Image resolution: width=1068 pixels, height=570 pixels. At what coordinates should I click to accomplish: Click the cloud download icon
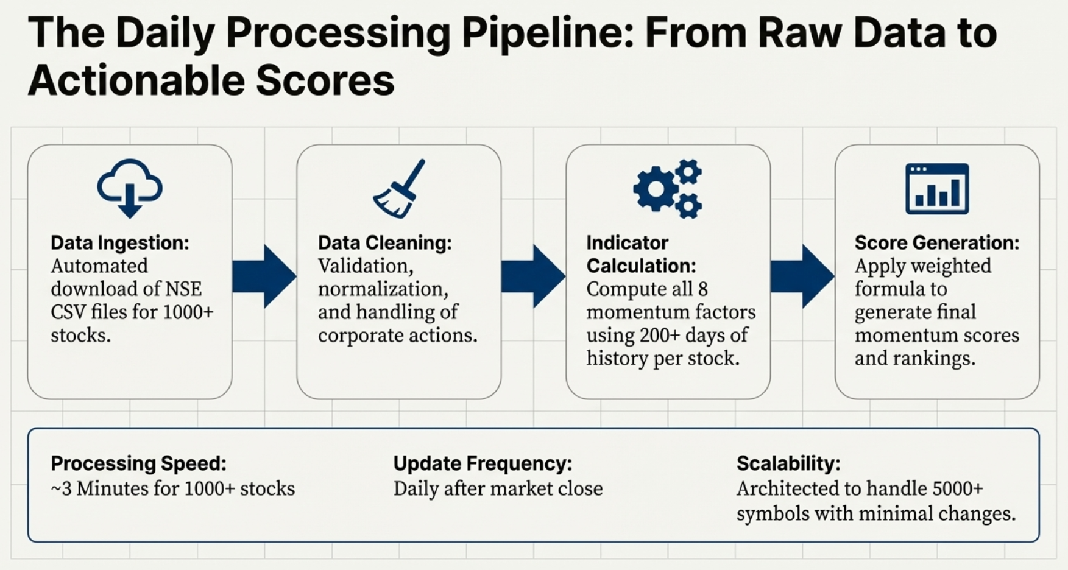tap(130, 188)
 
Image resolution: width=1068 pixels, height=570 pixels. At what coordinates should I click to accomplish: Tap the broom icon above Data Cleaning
tap(399, 189)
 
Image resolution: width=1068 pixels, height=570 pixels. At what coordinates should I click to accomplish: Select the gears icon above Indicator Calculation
tap(668, 189)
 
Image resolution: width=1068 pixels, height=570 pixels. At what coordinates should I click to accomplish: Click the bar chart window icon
tap(936, 189)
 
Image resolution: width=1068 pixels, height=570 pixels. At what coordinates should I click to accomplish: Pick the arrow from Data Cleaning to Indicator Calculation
tap(533, 276)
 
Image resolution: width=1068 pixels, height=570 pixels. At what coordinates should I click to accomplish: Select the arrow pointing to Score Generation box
tap(802, 276)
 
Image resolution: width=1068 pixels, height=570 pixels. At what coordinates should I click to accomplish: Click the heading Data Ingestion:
tap(120, 242)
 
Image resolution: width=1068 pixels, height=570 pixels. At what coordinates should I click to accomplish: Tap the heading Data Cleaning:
tap(385, 242)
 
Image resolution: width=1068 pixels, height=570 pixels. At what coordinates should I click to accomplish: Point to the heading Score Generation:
tap(936, 242)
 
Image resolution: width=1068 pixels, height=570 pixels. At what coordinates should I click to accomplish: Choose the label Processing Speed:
tap(138, 463)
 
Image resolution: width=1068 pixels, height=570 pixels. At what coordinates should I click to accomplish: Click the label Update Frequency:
tap(483, 463)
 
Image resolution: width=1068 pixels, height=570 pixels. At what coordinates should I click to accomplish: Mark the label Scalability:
tap(788, 463)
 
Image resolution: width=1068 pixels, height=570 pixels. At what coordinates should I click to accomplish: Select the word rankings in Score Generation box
tap(932, 358)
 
